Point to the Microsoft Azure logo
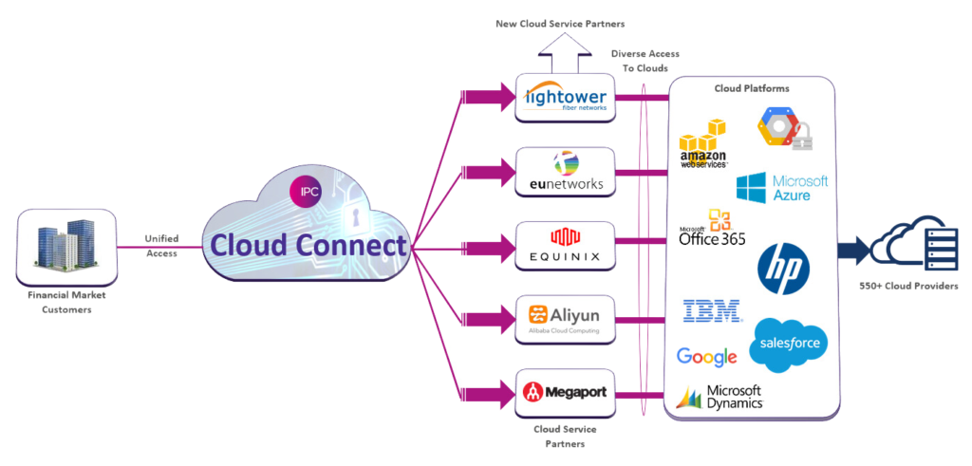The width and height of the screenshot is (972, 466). tap(782, 186)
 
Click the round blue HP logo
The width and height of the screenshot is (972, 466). tap(783, 269)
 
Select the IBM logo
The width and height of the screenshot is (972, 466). tap(712, 310)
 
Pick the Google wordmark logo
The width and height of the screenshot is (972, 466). tap(706, 357)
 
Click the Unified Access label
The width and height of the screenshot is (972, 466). tap(160, 246)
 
